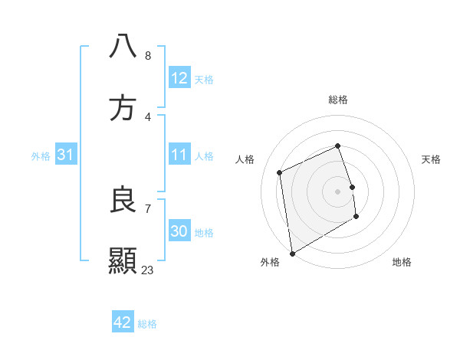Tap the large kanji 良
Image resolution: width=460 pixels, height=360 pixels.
[123, 200]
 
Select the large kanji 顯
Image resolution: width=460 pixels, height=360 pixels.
[123, 261]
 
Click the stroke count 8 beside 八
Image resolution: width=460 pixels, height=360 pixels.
[148, 56]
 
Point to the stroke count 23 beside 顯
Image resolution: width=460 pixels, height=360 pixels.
[148, 270]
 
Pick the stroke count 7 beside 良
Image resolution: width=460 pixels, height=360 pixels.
[148, 208]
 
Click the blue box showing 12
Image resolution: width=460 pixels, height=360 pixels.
[179, 78]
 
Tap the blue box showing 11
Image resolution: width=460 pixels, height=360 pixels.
[179, 155]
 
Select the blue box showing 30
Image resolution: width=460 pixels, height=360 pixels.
[179, 231]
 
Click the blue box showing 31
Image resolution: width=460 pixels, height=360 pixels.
[66, 155]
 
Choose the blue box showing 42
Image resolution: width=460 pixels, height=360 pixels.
[123, 322]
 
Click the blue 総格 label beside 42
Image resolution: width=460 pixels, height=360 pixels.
[147, 324]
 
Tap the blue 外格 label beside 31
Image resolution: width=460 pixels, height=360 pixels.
[41, 156]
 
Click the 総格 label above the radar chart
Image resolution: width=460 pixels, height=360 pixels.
[338, 100]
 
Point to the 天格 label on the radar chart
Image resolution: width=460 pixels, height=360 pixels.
[432, 159]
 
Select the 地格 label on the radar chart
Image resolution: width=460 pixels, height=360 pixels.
[402, 262]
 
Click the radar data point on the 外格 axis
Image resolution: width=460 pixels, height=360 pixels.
[292, 253]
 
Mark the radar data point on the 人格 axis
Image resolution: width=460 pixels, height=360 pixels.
[280, 172]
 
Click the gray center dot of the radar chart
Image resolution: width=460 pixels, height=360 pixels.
[338, 191]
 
